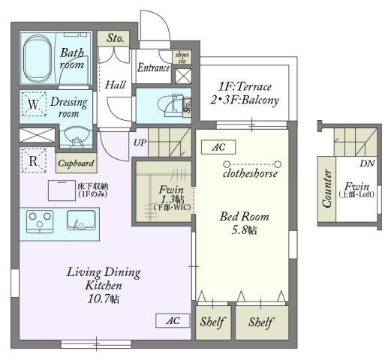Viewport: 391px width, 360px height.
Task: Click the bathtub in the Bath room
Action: [38, 57]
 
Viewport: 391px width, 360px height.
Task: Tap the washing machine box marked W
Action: [34, 104]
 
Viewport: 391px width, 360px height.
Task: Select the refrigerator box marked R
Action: [34, 160]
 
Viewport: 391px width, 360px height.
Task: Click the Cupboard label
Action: [76, 163]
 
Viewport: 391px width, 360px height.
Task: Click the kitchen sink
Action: [81, 220]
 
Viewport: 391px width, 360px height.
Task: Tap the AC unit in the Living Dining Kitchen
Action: [173, 320]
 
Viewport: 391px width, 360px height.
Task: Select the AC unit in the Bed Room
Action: [218, 147]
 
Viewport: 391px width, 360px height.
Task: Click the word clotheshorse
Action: [250, 173]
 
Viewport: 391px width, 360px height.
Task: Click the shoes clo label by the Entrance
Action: [182, 58]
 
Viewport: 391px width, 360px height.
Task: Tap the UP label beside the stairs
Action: [140, 142]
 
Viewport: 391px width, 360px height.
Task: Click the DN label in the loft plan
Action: [367, 163]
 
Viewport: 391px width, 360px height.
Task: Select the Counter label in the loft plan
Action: [326, 189]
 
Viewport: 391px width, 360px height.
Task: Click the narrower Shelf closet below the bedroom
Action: [213, 322]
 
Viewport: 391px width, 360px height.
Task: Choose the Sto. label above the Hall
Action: [116, 38]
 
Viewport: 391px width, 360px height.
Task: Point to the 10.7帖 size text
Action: [104, 298]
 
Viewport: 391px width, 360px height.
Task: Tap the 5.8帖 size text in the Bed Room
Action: [244, 230]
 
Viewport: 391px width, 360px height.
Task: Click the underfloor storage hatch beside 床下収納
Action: [62, 190]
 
